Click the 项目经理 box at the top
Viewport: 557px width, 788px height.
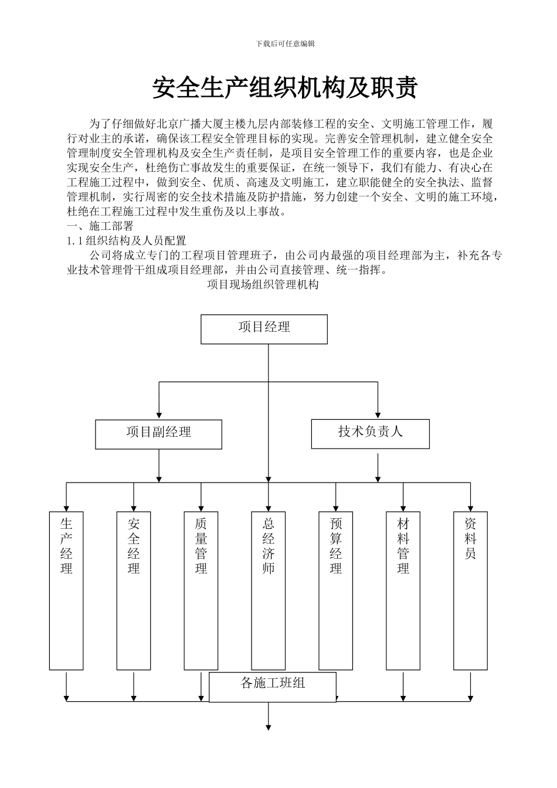(264, 329)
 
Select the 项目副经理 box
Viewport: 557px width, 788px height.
(158, 434)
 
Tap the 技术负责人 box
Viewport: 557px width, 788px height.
(370, 434)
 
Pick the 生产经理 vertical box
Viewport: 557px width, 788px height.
(66, 590)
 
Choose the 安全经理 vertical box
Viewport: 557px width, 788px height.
(134, 590)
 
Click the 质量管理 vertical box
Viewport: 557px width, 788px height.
(201, 590)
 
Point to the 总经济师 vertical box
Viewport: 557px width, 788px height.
(269, 590)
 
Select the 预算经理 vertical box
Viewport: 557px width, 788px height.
(336, 590)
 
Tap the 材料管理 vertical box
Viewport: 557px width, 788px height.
(403, 590)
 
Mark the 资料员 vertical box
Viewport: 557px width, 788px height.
(470, 590)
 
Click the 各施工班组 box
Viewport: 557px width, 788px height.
(273, 687)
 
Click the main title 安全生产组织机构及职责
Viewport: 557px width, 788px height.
(285, 88)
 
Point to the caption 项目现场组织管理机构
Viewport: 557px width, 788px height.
(263, 286)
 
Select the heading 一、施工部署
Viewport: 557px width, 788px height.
(100, 226)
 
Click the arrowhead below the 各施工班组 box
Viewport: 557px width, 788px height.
(269, 727)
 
